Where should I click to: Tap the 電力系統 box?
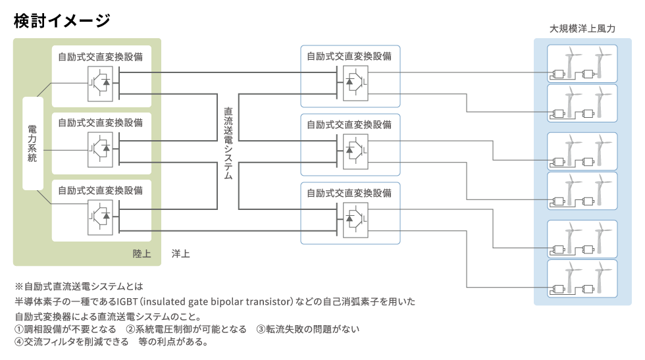point(32,143)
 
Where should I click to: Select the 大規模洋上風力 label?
point(582,30)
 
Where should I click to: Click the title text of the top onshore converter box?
point(101,57)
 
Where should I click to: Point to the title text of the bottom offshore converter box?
point(349,193)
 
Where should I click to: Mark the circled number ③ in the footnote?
point(261,329)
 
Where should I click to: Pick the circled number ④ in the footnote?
point(18,342)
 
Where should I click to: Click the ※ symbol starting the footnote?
point(18,288)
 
